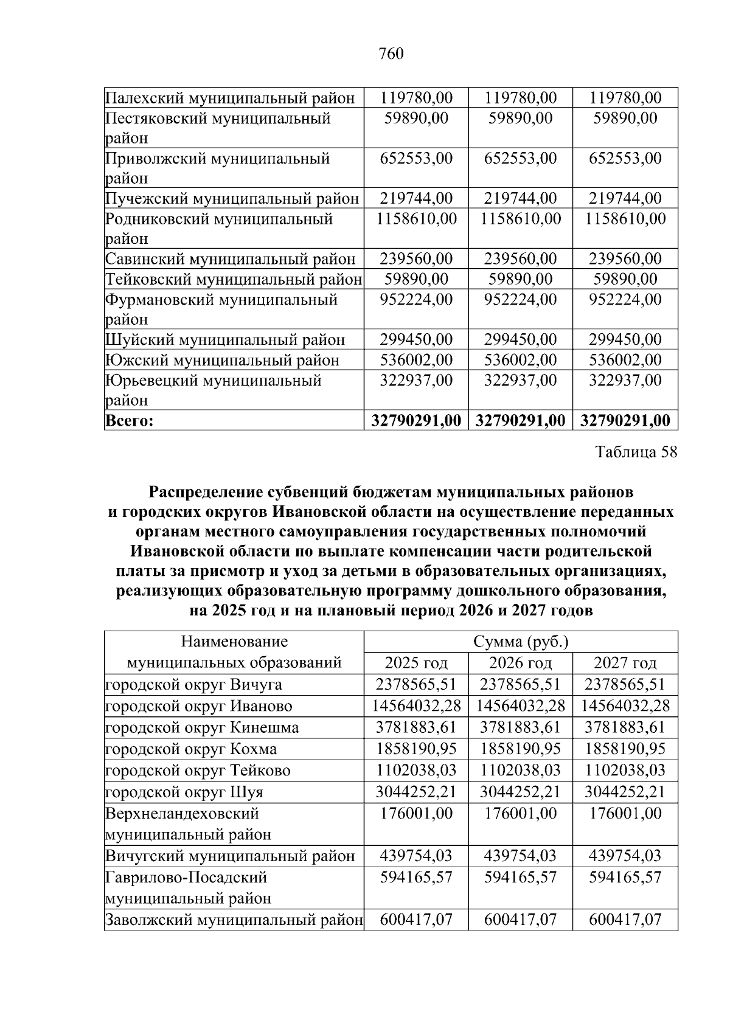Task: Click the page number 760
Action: coord(391,54)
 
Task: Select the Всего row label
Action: coord(129,420)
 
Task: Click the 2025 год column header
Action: coord(416,663)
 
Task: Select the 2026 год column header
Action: coord(520,663)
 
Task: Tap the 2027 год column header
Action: coord(625,663)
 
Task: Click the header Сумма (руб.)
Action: coord(520,642)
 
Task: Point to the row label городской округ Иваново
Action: coord(198,706)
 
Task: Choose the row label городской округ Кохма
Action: coord(191,749)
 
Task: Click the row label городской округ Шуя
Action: coord(184,792)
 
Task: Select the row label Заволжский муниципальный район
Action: coord(234,920)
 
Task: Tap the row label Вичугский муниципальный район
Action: coord(230,856)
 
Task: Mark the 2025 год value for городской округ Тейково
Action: coord(416,771)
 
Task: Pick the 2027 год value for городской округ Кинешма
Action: coord(625,727)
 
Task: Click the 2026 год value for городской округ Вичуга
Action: coord(520,685)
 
